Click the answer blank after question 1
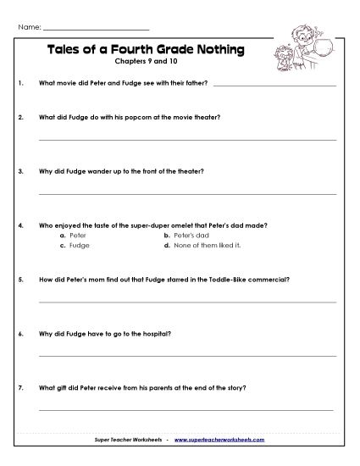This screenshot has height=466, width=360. [274, 85]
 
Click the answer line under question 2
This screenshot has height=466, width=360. [187, 139]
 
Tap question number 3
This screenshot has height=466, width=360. [20, 171]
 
